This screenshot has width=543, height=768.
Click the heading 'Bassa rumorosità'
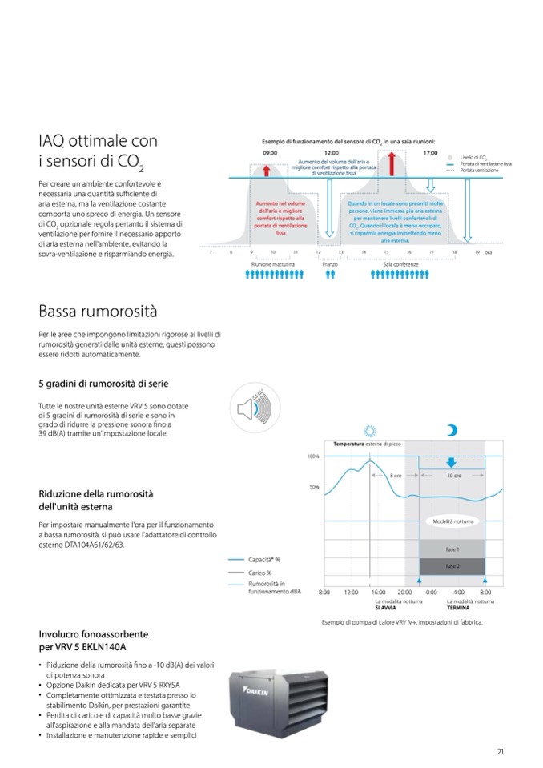(x=98, y=310)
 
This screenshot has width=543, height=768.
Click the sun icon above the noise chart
(x=369, y=430)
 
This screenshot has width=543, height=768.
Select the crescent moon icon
(x=452, y=430)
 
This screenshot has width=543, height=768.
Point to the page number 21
(x=500, y=750)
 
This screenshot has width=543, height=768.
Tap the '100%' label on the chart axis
(x=313, y=456)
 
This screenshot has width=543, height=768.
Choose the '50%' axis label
(x=315, y=486)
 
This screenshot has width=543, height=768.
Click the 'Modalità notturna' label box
(x=453, y=521)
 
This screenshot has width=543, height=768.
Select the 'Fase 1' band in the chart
(x=452, y=549)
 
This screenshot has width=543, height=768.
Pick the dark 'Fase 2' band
(x=452, y=566)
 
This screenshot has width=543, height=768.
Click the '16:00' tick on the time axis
(x=379, y=592)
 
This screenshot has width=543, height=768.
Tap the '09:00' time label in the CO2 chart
(x=269, y=152)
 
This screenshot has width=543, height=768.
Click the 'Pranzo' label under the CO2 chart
(x=329, y=263)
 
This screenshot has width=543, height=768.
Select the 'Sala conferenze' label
(x=398, y=263)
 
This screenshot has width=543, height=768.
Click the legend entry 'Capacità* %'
(x=265, y=559)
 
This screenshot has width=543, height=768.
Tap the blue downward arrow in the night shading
(x=452, y=463)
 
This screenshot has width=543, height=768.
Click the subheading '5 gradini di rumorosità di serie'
(x=103, y=384)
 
